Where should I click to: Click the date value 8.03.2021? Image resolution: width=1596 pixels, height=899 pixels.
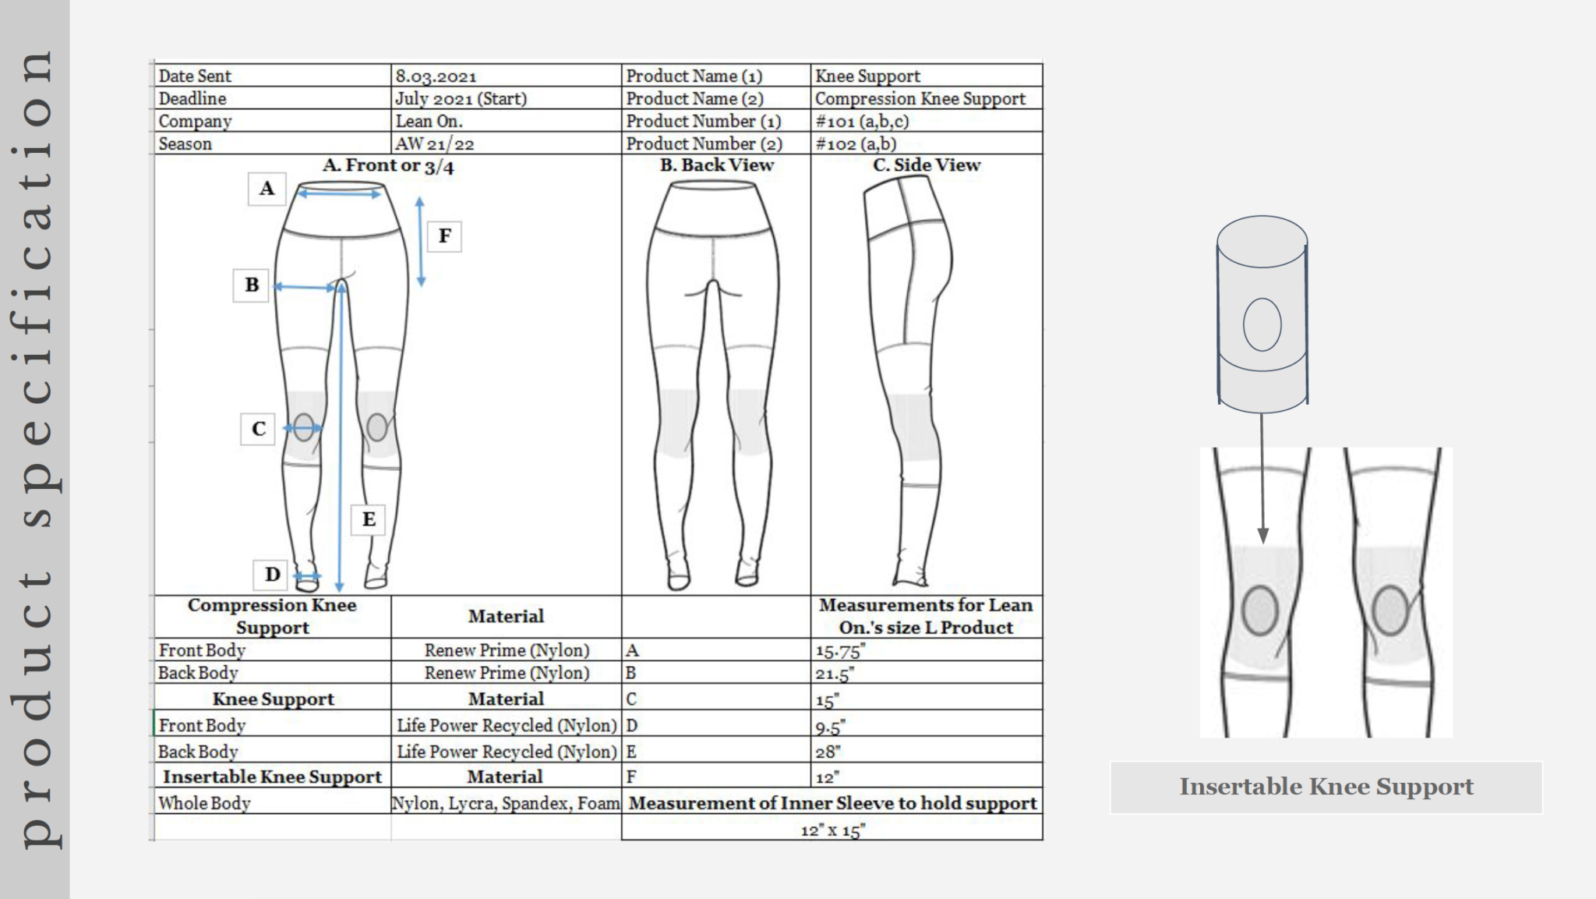click(x=436, y=76)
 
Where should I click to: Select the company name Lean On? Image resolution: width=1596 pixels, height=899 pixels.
click(x=429, y=122)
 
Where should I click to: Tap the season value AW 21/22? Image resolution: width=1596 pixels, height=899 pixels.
click(x=434, y=144)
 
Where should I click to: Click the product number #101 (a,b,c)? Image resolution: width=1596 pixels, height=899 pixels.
click(x=862, y=122)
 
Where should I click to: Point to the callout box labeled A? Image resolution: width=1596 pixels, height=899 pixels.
click(x=267, y=188)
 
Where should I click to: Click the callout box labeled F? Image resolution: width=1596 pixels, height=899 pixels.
click(x=444, y=235)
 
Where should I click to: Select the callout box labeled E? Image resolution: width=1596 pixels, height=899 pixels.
click(x=369, y=519)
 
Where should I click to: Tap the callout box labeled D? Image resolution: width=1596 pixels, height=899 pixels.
click(x=271, y=575)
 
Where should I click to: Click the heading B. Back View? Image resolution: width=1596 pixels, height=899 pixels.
click(x=717, y=165)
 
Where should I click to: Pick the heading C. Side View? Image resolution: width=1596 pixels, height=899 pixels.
click(x=927, y=165)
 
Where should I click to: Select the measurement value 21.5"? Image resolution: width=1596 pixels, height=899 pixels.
click(x=835, y=674)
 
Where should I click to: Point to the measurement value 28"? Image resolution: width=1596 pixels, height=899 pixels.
click(x=828, y=752)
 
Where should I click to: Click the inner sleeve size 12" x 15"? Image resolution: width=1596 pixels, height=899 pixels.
click(x=832, y=830)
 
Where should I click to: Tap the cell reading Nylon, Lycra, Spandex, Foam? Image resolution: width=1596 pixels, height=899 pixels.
click(x=506, y=803)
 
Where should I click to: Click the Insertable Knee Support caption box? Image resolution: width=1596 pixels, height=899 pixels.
click(x=1326, y=788)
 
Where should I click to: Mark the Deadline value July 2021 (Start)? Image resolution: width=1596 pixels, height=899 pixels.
click(x=461, y=99)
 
